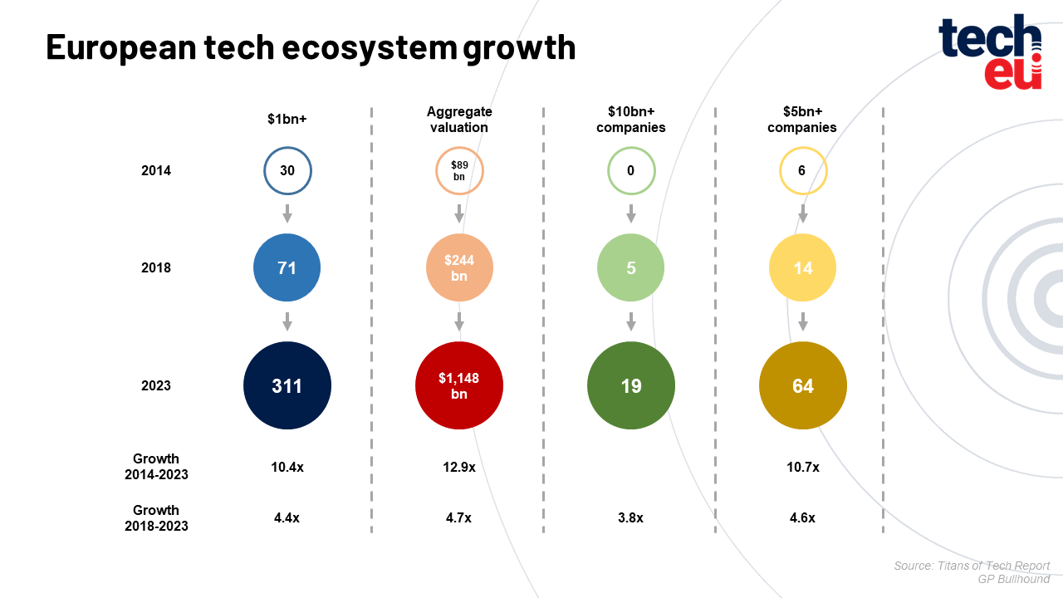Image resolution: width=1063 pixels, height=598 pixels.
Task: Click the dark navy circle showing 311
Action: pos(287,386)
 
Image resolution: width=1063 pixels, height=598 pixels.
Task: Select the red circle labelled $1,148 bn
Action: pos(459,386)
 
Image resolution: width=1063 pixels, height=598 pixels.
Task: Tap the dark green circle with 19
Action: pos(631,386)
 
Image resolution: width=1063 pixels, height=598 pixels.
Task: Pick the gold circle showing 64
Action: pos(803,386)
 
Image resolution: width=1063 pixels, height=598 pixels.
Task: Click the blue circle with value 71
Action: pos(287,268)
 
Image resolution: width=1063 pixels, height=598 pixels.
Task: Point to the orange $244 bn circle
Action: pos(459,268)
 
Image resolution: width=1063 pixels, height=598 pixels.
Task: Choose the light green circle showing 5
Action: pos(631,268)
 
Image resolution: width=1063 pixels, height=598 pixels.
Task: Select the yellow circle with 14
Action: pos(803,268)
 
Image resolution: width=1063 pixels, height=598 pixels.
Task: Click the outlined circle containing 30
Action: pos(287,171)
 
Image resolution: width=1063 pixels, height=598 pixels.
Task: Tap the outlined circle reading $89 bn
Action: pos(459,171)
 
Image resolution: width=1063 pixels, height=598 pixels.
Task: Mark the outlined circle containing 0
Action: pos(631,171)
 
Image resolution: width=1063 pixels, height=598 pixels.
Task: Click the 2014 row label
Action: pos(156,171)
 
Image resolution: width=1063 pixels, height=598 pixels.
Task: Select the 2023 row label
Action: pos(156,386)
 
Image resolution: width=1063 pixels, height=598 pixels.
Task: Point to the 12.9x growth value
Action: pos(459,468)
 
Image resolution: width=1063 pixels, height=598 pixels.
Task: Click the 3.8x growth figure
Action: pos(630,518)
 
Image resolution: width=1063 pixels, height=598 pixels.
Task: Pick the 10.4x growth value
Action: pos(287,468)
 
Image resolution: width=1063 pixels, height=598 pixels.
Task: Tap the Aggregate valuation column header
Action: pos(459,120)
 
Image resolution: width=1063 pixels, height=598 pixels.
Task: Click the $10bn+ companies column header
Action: pos(631,120)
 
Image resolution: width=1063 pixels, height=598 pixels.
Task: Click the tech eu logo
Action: pos(990,51)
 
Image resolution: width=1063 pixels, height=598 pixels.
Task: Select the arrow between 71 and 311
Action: pos(287,321)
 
